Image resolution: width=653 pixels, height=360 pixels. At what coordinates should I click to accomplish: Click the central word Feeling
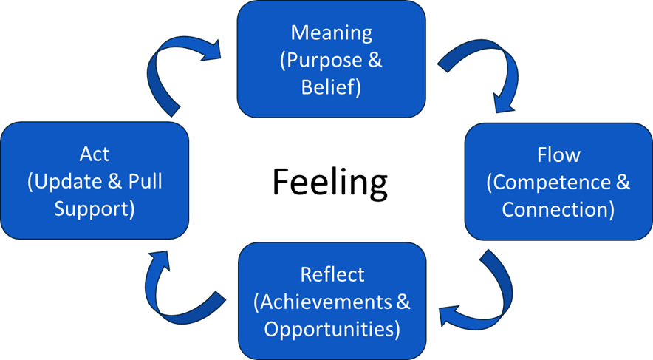(330, 181)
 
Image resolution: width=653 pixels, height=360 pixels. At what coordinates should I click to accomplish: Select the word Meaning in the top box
(331, 33)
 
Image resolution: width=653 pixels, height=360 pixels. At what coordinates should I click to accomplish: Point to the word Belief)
(331, 87)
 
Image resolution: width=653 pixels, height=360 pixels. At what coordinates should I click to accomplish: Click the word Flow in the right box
(558, 155)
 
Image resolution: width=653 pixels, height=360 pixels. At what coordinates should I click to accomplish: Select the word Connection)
(558, 209)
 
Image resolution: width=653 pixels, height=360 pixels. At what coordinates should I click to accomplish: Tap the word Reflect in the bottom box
(332, 274)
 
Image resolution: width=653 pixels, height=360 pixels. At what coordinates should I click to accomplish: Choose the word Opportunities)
(332, 328)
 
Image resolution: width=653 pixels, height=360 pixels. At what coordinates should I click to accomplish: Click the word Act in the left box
(95, 154)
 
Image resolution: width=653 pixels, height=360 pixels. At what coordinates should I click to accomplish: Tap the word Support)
(95, 208)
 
